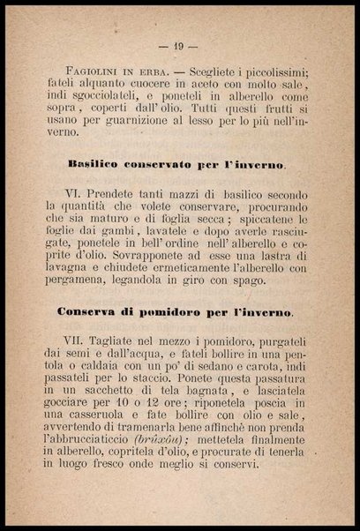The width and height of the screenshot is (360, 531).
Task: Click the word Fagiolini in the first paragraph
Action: tap(94, 71)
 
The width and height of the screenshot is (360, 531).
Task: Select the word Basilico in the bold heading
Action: tap(97, 165)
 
